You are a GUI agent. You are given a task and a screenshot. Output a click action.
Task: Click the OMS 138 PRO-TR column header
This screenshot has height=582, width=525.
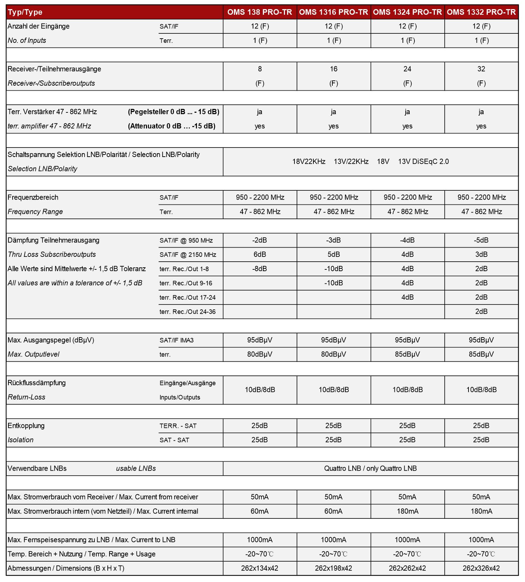[x=259, y=12]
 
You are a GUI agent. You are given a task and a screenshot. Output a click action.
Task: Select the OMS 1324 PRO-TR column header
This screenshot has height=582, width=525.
[x=407, y=12]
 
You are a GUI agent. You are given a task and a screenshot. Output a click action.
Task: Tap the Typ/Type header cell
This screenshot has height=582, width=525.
[x=25, y=12]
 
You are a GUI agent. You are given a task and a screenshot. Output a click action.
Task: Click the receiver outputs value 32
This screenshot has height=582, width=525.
[x=481, y=69]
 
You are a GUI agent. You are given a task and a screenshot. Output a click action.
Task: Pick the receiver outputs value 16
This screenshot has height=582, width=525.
[x=333, y=69]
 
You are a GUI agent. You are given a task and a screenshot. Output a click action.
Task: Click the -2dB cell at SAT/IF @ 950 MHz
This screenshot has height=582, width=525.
[x=259, y=240]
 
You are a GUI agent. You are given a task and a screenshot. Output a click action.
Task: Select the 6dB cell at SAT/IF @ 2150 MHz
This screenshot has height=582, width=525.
[x=259, y=255]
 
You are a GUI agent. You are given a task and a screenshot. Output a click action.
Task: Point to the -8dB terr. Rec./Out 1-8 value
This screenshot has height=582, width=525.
[x=259, y=269]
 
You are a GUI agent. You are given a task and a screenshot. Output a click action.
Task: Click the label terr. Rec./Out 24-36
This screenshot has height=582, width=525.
[x=187, y=312]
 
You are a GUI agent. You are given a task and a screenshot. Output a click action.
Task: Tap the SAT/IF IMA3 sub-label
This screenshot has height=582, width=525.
[x=177, y=340]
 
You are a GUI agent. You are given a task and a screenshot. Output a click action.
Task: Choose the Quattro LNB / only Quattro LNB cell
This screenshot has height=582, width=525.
[x=370, y=469]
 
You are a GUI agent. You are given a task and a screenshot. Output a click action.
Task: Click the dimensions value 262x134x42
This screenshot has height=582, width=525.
[x=259, y=568]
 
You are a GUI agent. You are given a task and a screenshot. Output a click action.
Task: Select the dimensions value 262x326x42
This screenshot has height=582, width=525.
[x=481, y=568]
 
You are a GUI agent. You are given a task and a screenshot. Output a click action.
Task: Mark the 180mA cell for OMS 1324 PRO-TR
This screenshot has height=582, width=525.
[x=407, y=511]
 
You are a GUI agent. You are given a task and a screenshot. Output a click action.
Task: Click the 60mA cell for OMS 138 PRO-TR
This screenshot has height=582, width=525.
[x=259, y=511]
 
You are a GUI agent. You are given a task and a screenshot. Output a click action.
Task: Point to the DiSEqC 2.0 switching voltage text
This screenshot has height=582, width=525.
[x=423, y=162]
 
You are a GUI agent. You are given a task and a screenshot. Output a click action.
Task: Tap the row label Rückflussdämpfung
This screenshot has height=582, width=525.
[x=37, y=383]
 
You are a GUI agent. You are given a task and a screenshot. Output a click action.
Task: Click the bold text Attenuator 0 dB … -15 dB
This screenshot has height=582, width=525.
[x=172, y=126]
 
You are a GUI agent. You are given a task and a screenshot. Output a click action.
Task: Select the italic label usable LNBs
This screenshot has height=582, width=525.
[x=136, y=469]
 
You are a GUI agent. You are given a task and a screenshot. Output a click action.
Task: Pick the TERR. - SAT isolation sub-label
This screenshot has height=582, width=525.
[x=178, y=426]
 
